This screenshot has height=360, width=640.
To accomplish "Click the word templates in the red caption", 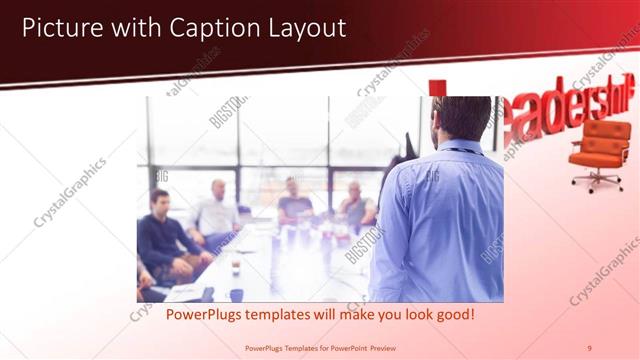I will (x=267, y=315).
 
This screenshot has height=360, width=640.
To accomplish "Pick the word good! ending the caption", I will (x=453, y=315).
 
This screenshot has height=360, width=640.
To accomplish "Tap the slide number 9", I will (x=589, y=348).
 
